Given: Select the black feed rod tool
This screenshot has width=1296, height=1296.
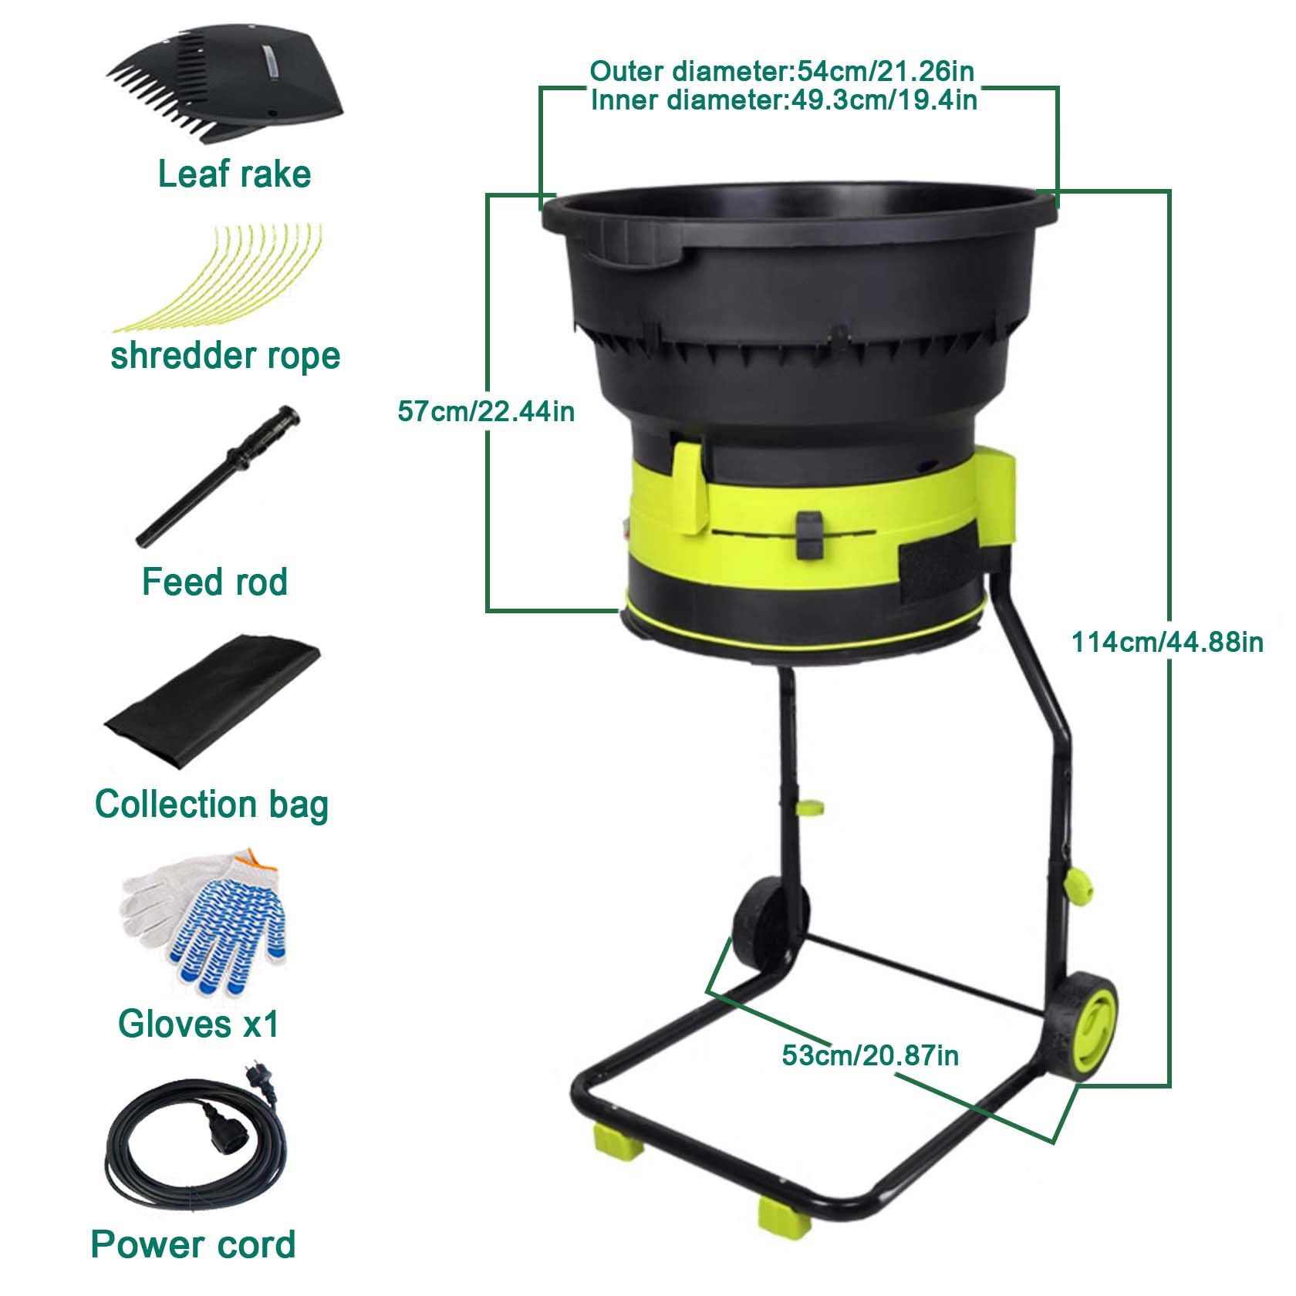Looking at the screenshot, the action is click(218, 474).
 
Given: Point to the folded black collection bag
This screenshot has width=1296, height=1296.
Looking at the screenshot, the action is click(212, 702).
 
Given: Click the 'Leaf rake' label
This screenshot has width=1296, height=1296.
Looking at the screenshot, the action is click(235, 174).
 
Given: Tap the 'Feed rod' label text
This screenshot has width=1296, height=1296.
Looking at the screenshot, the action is click(214, 582).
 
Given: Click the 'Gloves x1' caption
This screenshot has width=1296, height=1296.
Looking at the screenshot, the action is click(198, 1024).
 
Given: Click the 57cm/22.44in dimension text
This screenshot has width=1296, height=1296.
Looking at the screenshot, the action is click(486, 410).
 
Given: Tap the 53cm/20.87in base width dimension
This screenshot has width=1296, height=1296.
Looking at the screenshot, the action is click(870, 1055).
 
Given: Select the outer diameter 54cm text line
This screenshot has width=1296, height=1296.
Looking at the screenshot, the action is click(782, 72).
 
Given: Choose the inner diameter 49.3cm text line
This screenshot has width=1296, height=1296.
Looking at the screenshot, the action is click(784, 100).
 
